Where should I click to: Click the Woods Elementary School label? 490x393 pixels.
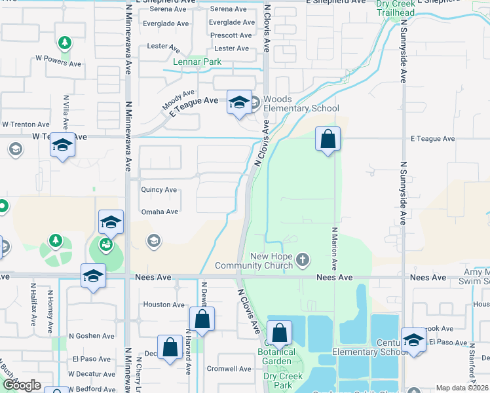click(301, 104)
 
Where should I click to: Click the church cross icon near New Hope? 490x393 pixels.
click(303, 261)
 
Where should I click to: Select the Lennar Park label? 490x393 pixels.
click(197, 62)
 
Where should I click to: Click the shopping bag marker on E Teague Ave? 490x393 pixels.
click(328, 140)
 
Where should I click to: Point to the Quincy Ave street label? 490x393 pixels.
click(159, 190)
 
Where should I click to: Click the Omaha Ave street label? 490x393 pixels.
click(160, 212)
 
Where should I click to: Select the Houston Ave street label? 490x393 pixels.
click(164, 305)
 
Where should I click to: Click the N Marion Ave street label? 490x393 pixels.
click(334, 249)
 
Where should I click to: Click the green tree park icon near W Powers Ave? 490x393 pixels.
click(64, 44)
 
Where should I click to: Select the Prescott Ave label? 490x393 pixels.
click(231, 35)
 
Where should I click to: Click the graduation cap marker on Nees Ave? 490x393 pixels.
click(93, 275)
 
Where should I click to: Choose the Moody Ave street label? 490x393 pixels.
click(179, 100)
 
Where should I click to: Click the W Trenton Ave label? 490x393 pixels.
click(26, 124)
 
